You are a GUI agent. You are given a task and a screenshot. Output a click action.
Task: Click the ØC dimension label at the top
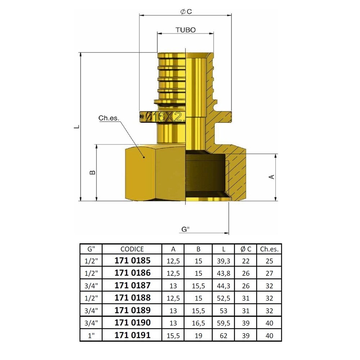tap(186, 12)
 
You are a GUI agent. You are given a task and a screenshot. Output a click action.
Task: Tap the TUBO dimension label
tap(185, 30)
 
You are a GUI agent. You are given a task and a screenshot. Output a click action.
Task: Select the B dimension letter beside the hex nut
tap(92, 172)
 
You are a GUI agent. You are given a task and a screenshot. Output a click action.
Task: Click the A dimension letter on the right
tap(271, 177)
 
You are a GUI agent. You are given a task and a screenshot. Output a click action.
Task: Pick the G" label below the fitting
tap(185, 229)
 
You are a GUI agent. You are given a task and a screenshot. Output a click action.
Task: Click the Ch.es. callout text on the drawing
tap(109, 118)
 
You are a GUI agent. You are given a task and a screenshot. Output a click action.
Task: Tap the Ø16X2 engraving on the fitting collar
tap(165, 117)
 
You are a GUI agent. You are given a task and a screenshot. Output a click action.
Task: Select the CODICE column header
tap(132, 249)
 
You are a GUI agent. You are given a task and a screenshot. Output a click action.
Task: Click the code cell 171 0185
tap(132, 260)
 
